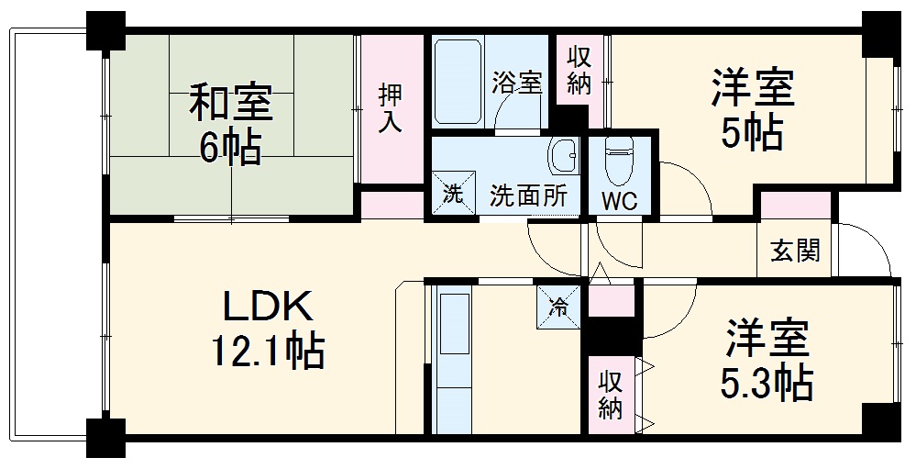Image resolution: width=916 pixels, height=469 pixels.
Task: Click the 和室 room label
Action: (230, 103)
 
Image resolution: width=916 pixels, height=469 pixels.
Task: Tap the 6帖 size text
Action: (230, 146)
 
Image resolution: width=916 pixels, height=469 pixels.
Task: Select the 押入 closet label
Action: (392, 108)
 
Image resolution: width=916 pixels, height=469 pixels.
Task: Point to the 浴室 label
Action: (517, 82)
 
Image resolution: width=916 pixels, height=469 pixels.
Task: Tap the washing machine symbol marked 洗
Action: (452, 195)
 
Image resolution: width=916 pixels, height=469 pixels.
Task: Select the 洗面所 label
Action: (528, 195)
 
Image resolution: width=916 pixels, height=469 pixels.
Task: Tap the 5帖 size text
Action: (750, 134)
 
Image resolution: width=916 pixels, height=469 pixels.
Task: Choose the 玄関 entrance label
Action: (795, 250)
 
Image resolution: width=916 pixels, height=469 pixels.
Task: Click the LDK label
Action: (259, 305)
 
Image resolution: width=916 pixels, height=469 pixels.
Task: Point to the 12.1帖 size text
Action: (268, 350)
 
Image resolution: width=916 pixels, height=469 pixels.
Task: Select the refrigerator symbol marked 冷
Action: (557, 305)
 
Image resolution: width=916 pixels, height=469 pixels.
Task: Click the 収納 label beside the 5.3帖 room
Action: (611, 395)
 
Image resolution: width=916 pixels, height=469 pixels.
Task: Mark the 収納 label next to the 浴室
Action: (579, 70)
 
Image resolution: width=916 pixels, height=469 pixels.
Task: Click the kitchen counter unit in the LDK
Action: (450, 357)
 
